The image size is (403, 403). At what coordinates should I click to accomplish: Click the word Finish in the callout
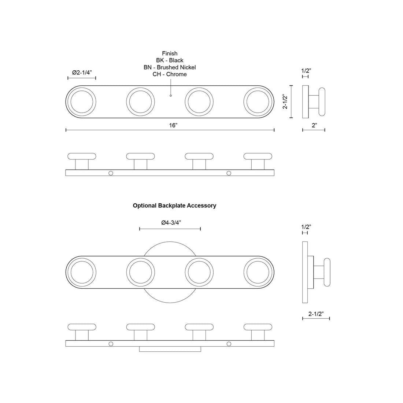pyautogui.click(x=170, y=53)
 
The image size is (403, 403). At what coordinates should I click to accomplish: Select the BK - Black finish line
pyautogui.click(x=170, y=60)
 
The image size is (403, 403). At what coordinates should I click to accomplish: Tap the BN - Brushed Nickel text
pyautogui.click(x=170, y=67)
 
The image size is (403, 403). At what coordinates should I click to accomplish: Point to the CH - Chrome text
pyautogui.click(x=170, y=74)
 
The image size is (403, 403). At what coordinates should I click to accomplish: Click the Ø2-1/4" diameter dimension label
pyautogui.click(x=82, y=73)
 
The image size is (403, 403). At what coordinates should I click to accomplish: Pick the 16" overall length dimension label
pyautogui.click(x=173, y=125)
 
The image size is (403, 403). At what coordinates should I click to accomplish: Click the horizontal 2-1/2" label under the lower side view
pyautogui.click(x=315, y=314)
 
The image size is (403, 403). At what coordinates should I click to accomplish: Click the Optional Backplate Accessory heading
pyautogui.click(x=174, y=206)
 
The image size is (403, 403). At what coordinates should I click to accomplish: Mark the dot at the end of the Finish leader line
pyautogui.click(x=170, y=96)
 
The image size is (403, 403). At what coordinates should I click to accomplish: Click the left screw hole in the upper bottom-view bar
pyautogui.click(x=111, y=173)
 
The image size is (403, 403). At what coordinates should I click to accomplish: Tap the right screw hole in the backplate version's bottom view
pyautogui.click(x=229, y=344)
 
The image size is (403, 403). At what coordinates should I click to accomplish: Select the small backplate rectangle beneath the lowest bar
pyautogui.click(x=170, y=349)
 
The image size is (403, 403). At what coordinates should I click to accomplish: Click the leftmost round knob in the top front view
pyautogui.click(x=81, y=102)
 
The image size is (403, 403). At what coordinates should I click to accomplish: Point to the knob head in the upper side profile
pyautogui.click(x=322, y=102)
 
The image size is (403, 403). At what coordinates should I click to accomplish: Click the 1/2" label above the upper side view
pyautogui.click(x=306, y=71)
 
